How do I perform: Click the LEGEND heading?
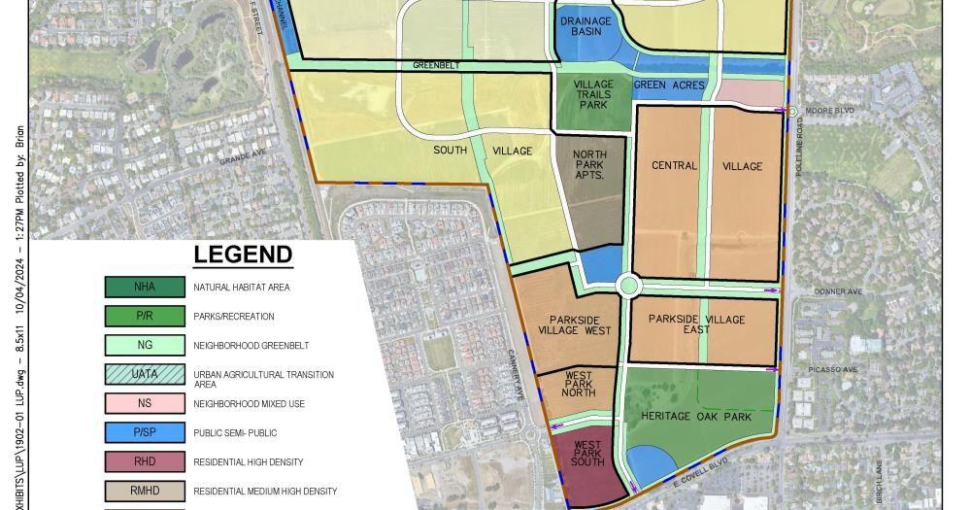[243, 255]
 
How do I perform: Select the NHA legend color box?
[145, 287]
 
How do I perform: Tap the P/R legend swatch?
[145, 316]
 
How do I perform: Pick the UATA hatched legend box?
[145, 374]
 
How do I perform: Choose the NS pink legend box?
[145, 403]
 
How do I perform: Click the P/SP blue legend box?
[145, 432]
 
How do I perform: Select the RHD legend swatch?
[145, 461]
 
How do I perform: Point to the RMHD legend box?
[145, 491]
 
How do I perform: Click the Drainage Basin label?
[586, 26]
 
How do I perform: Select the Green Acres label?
[669, 85]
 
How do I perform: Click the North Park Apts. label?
[588, 165]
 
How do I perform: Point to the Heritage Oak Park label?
[696, 416]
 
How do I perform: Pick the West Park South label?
[587, 454]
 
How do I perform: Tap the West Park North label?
[580, 385]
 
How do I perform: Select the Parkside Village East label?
[696, 324]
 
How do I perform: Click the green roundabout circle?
[628, 286]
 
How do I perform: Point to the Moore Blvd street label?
[831, 111]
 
